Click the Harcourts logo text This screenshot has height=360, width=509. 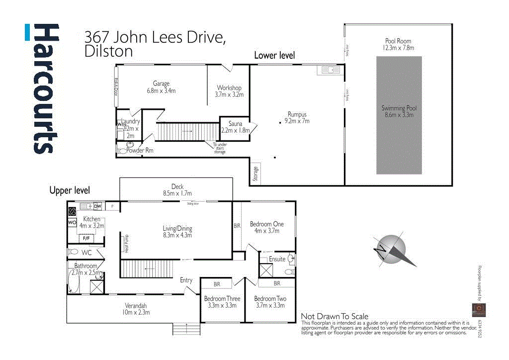(x=47, y=89)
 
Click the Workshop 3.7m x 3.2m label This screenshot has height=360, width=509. (x=229, y=91)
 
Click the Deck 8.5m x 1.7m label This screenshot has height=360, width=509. (x=177, y=190)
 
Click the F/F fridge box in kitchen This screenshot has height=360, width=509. (x=85, y=239)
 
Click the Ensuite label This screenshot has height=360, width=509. (x=277, y=259)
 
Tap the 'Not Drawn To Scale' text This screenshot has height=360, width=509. (x=335, y=316)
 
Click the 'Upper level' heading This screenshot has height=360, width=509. (x=70, y=190)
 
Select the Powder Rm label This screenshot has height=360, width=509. (x=140, y=150)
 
